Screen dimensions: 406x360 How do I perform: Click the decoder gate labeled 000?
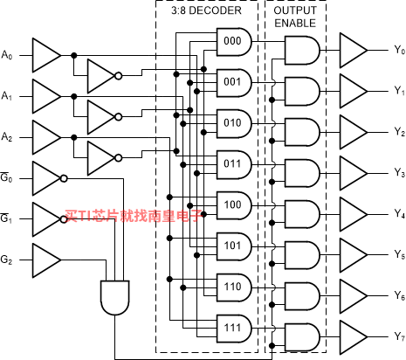tap(234, 42)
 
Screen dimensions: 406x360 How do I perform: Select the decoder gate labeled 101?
tap(234, 246)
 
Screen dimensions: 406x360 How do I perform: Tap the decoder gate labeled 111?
tap(234, 329)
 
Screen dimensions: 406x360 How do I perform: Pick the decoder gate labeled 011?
tap(234, 165)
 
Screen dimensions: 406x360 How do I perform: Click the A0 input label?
tap(7, 55)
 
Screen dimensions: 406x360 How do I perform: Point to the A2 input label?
tap(7, 137)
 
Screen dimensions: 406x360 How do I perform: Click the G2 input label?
tap(7, 260)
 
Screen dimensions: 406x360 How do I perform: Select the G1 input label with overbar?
tap(6, 218)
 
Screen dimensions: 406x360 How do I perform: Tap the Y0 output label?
tap(400, 50)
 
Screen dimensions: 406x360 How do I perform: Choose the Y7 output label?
tap(400, 336)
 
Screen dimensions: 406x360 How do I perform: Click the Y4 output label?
tap(400, 214)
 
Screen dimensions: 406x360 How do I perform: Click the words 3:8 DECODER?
tap(206, 10)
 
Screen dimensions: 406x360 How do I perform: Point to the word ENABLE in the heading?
tap(295, 24)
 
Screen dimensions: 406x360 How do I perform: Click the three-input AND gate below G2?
tap(115, 298)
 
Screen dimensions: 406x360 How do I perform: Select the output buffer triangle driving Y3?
tap(354, 173)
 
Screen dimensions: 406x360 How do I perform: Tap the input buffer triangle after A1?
tap(46, 96)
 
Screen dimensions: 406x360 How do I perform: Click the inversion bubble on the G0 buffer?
tap(64, 178)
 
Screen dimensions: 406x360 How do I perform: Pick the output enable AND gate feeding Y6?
tap(302, 296)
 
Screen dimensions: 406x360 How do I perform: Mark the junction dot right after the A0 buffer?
tap(74, 55)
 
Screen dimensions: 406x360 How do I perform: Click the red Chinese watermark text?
tap(134, 216)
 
